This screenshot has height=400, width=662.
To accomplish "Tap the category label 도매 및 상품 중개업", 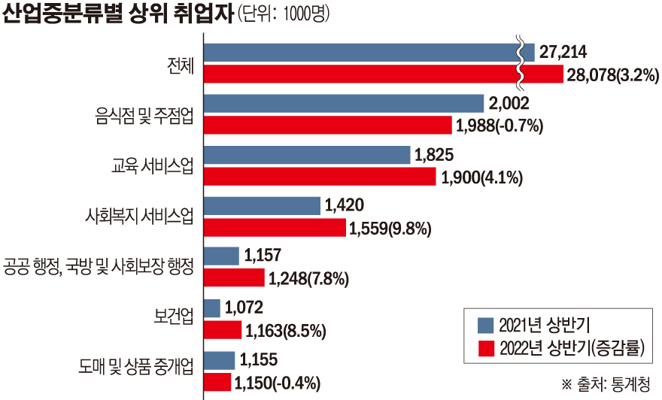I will (x=136, y=367).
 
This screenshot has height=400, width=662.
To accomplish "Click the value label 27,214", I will (x=563, y=52).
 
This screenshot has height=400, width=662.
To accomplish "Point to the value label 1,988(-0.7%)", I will (x=499, y=126).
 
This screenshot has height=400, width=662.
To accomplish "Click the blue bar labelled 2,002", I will (x=343, y=103).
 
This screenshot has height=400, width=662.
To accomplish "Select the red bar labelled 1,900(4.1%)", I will (x=320, y=177).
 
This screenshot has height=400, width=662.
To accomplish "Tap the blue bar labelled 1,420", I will (x=262, y=205).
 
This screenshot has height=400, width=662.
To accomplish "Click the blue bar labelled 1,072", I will (x=212, y=308).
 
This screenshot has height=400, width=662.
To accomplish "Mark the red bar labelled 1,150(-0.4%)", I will (x=217, y=381).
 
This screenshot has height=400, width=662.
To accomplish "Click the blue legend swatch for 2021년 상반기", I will (x=486, y=324).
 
